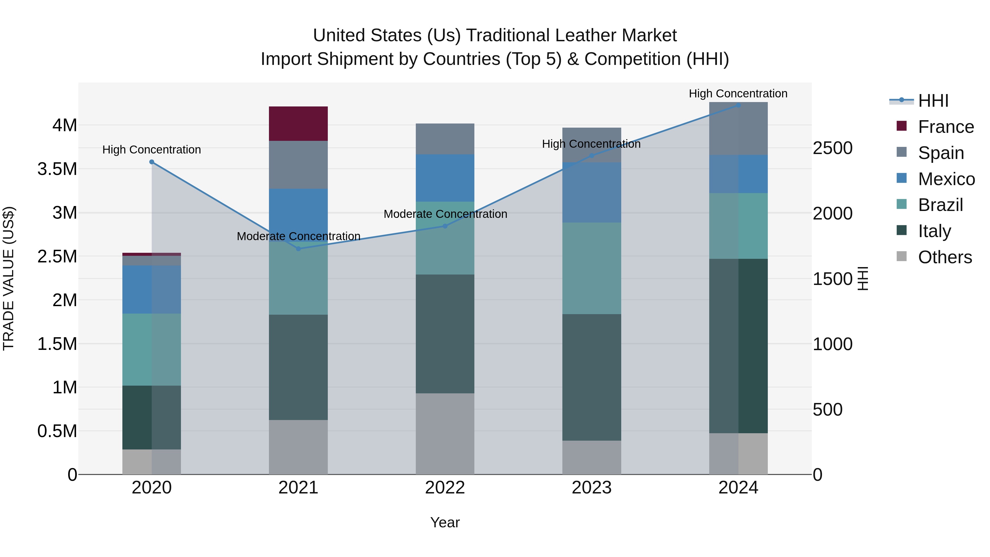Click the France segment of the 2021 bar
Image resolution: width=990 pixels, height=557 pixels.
click(x=298, y=124)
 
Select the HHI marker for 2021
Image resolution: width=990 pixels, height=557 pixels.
click(x=299, y=249)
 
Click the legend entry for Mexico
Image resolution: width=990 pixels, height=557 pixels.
click(x=946, y=179)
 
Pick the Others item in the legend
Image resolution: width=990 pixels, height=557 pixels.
click(x=945, y=257)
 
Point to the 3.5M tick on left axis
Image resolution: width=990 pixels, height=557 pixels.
click(x=57, y=169)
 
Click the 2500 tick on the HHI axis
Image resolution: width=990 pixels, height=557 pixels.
click(x=832, y=148)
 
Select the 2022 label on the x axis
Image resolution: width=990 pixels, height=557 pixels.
click(x=445, y=488)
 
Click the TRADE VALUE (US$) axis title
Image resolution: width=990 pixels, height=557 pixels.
click(x=9, y=278)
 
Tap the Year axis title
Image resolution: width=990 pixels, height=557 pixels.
click(x=445, y=522)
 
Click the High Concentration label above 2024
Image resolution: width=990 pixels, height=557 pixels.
click(x=738, y=94)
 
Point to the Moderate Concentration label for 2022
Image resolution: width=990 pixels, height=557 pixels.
click(x=445, y=214)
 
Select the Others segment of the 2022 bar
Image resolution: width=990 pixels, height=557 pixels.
click(x=445, y=433)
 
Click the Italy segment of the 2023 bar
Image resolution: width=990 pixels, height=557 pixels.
click(x=592, y=377)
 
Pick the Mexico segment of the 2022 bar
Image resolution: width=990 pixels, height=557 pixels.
click(x=445, y=178)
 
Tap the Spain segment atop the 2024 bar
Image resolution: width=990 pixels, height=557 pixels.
click(x=738, y=129)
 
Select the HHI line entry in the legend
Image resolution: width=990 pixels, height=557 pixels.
click(x=933, y=101)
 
